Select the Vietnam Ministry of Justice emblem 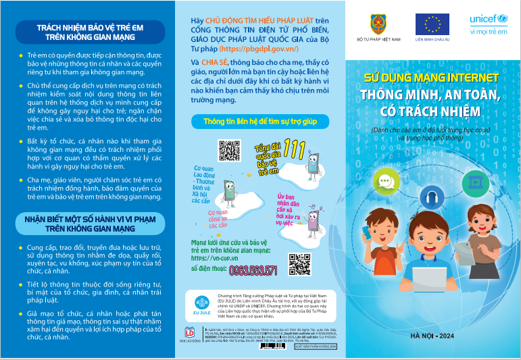376,25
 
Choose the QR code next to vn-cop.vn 299,263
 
